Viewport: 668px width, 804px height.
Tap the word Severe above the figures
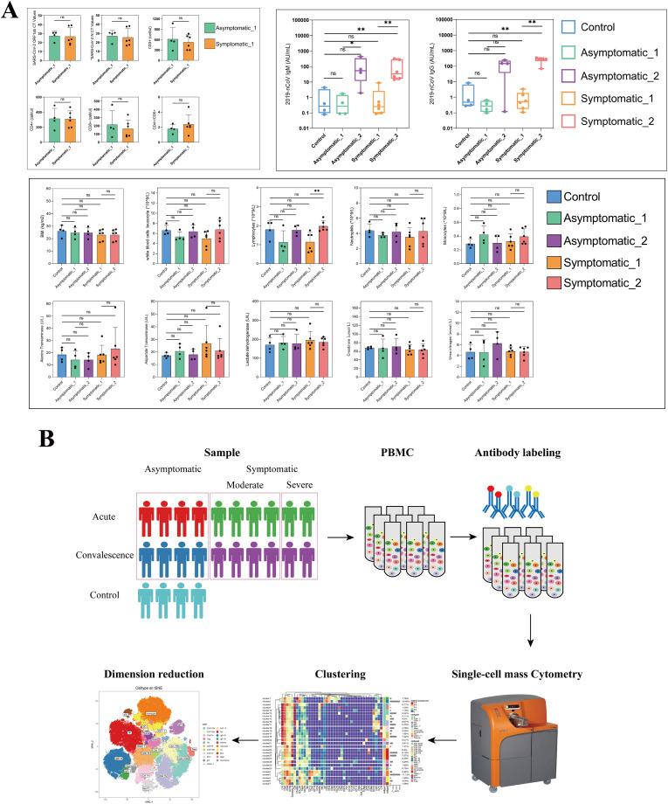click(302, 484)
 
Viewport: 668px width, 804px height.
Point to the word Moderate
click(239, 484)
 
